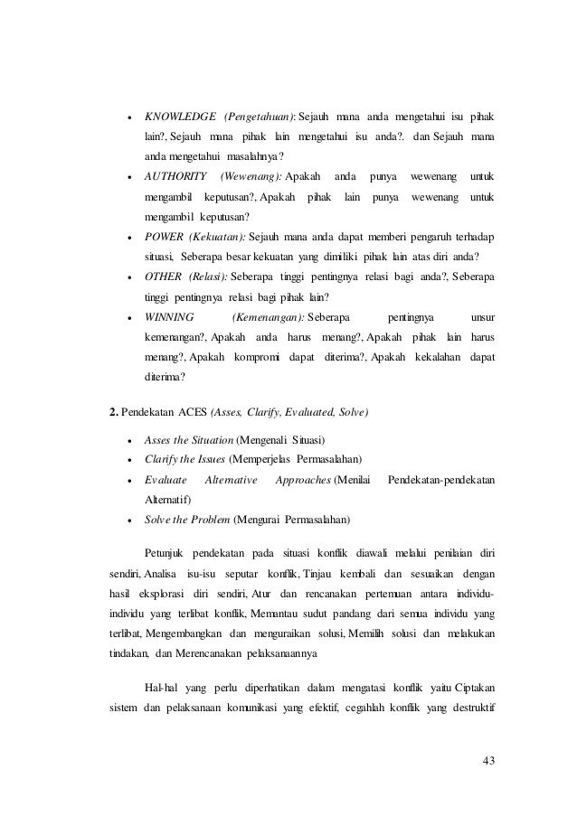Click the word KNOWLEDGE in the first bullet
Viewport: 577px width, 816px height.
pyautogui.click(x=180, y=117)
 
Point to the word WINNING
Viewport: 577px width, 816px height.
pyautogui.click(x=168, y=317)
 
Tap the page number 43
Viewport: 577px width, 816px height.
pyautogui.click(x=489, y=757)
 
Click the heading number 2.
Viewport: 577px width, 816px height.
pyautogui.click(x=113, y=413)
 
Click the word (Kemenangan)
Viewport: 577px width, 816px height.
pyautogui.click(x=268, y=317)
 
